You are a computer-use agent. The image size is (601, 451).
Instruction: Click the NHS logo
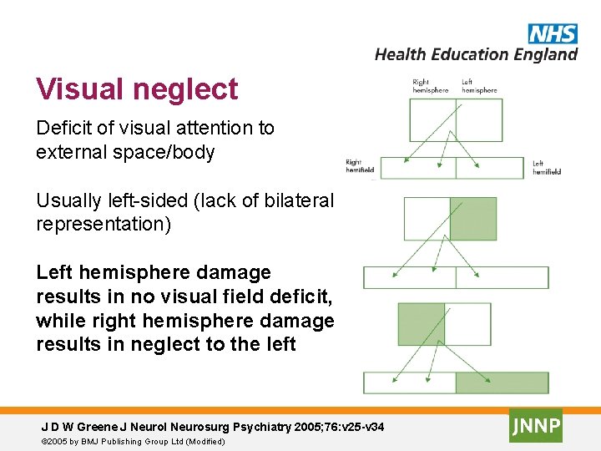click(552, 33)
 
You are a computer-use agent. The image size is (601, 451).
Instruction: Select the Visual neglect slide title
click(137, 89)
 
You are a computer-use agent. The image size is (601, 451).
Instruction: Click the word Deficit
click(62, 128)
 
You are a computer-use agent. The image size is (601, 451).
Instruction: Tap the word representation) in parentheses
click(104, 225)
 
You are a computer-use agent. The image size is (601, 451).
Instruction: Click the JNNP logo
click(536, 425)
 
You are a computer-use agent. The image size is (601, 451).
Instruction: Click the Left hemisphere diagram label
click(479, 86)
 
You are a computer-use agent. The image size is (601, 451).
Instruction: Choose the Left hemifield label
click(547, 167)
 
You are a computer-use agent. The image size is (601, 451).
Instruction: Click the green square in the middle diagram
click(472, 219)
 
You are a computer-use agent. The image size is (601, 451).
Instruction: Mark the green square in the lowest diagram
click(422, 324)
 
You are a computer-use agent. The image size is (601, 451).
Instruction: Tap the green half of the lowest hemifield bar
click(502, 383)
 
